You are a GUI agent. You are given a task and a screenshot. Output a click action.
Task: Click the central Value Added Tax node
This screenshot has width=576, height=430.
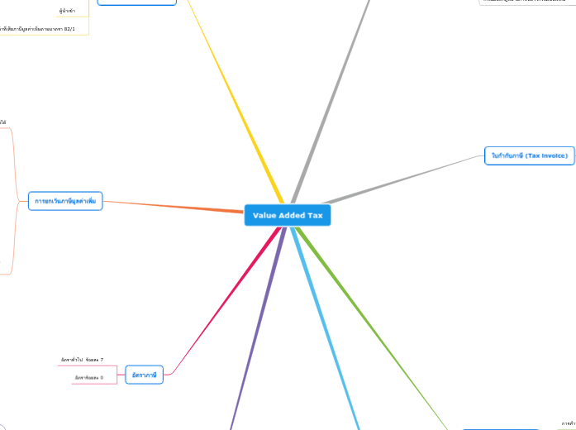(x=288, y=215)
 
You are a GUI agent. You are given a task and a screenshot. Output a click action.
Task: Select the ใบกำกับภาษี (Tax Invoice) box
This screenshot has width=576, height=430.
(x=529, y=155)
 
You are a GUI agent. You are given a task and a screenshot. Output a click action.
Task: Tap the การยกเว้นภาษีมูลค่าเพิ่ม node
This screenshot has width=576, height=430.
(x=65, y=200)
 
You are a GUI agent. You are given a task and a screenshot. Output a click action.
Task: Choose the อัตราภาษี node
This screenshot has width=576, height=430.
(x=145, y=375)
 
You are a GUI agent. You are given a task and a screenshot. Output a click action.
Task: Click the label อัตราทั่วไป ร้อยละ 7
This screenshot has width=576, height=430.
(x=82, y=360)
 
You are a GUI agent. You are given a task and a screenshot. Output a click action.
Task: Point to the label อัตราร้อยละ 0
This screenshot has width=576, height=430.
(x=88, y=378)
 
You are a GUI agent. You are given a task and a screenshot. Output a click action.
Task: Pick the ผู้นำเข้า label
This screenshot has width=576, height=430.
(x=67, y=11)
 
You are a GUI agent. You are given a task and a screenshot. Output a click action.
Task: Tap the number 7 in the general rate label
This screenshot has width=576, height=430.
(x=102, y=360)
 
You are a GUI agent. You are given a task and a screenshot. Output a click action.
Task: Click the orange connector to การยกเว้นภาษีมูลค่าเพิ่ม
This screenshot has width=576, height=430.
(x=174, y=206)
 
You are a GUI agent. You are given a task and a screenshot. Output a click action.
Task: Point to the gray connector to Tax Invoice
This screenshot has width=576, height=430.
(x=405, y=178)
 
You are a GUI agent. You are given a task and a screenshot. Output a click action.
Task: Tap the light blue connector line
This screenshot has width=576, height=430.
(x=326, y=322)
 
